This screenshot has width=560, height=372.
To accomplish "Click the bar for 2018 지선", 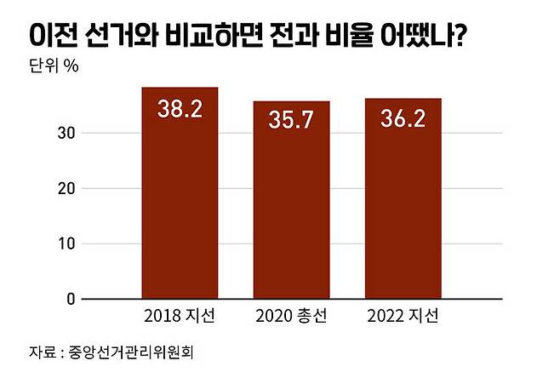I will click(x=180, y=196).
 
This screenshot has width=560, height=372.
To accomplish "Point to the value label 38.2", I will click(x=180, y=110).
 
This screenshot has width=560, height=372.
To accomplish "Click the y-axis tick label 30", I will click(x=67, y=133).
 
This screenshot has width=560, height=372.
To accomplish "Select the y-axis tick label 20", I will click(x=67, y=188).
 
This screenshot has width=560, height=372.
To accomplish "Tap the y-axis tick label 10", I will click(x=67, y=243).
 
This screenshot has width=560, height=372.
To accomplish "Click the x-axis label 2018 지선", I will click(x=180, y=318).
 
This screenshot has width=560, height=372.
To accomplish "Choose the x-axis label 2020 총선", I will click(x=291, y=318).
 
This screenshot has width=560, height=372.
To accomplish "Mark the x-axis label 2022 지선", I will click(x=403, y=318).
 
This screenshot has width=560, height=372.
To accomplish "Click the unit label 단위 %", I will click(x=54, y=67).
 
